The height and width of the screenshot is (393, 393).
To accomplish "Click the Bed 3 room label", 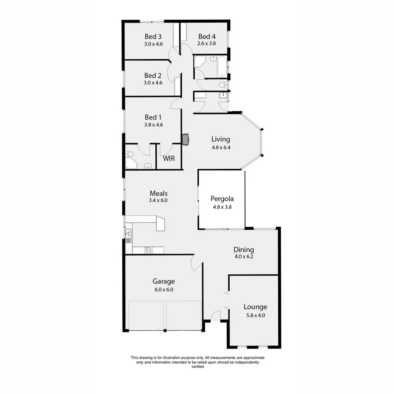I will (153, 36).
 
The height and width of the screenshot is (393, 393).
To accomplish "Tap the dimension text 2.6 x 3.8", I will (207, 43).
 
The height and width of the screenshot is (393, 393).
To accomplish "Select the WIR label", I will (168, 159).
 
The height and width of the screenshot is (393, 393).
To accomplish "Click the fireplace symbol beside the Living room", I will (186, 139).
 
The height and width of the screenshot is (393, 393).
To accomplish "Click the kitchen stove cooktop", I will (148, 250).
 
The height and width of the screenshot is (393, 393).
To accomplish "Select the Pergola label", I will (222, 199).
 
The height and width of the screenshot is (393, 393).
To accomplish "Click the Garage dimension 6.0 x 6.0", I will (163, 290).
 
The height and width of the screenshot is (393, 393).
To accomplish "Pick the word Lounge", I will (255, 307).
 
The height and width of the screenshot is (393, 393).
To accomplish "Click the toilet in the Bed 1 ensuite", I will (130, 155).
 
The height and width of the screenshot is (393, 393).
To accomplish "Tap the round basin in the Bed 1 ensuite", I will (147, 166).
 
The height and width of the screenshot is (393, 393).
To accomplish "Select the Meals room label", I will (158, 193).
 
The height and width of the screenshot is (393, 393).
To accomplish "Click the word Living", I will (221, 139).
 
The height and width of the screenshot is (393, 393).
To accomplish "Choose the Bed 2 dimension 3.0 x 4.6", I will (153, 83).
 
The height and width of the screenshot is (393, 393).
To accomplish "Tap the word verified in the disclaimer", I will (198, 367).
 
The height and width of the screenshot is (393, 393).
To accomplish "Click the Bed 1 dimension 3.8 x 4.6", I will (153, 124).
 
